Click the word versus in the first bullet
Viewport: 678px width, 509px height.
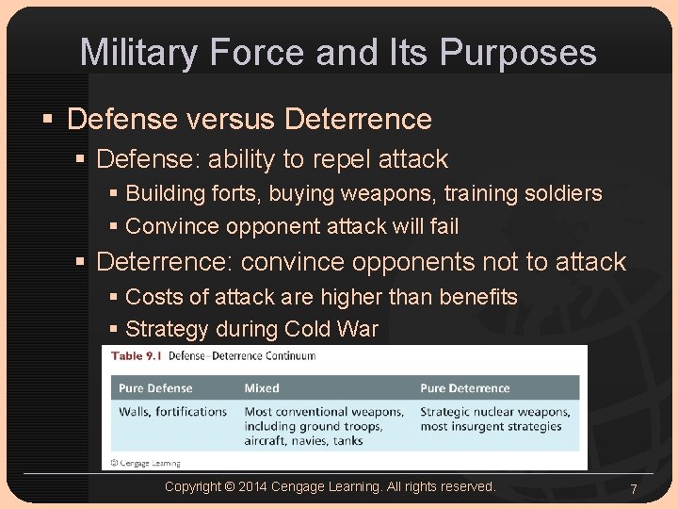pos(230,120)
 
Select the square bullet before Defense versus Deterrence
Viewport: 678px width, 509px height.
pos(49,120)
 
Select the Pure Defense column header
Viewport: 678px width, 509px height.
pos(155,388)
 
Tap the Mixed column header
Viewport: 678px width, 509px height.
pos(262,388)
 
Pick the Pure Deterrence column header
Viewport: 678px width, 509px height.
pos(464,388)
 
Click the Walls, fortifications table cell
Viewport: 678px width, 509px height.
pos(173,412)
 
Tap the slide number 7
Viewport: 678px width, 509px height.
pos(634,489)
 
